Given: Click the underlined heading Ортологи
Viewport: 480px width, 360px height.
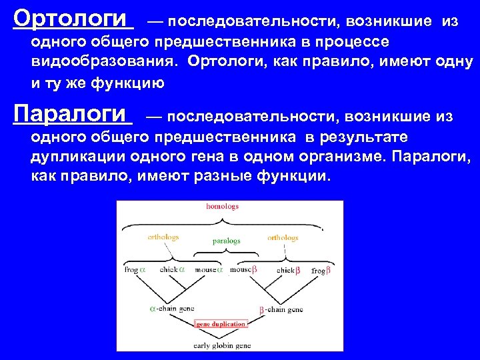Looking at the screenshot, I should click(x=73, y=17).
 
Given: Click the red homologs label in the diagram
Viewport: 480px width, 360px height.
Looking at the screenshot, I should click(x=222, y=207).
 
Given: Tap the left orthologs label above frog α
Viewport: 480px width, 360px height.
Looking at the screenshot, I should click(x=163, y=237).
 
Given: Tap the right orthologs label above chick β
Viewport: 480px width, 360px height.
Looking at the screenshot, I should click(x=283, y=237).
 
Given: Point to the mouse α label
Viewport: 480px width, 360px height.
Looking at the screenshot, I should click(x=209, y=270).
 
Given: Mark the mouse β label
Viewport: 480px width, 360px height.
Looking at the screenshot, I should click(x=244, y=270).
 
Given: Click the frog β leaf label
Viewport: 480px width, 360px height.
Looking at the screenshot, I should click(x=320, y=271).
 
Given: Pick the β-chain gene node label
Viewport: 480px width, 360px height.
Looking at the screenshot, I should click(x=281, y=309).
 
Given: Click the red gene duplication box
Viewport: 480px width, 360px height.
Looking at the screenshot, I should click(x=221, y=324).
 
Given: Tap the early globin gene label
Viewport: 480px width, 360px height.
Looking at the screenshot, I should click(x=222, y=345).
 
